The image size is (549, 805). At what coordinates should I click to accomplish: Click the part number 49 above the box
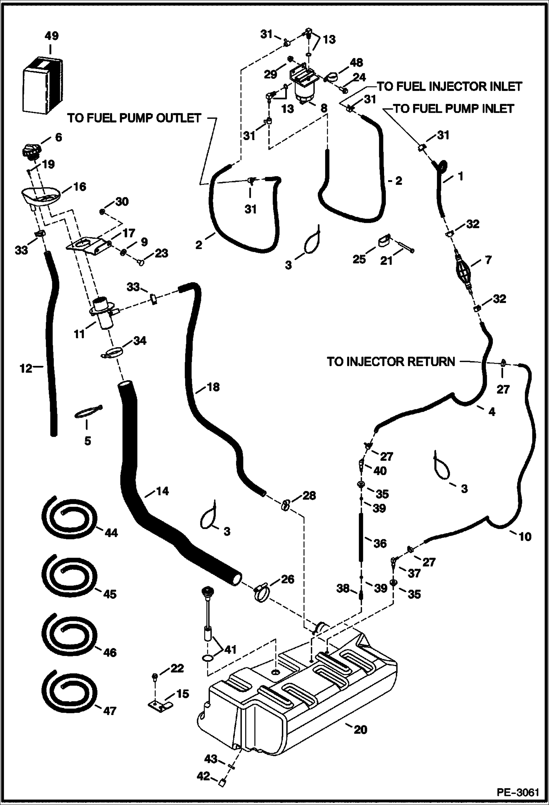(x=51, y=36)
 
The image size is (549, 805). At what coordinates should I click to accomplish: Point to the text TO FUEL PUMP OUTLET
(x=135, y=118)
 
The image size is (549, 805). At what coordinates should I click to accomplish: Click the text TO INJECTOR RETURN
(x=391, y=362)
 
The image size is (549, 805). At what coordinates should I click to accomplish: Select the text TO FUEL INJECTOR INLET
(x=450, y=87)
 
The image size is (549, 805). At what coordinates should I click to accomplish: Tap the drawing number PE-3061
(x=518, y=792)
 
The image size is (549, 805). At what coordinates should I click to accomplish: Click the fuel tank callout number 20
(x=360, y=729)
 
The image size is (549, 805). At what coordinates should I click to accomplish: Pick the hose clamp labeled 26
(x=261, y=593)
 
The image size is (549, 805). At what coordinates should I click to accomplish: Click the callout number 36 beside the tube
(x=380, y=543)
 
